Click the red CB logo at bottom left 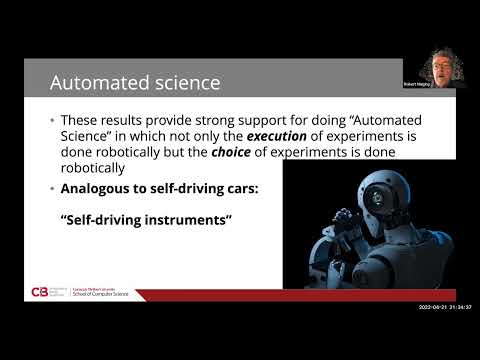(x=39, y=293)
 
